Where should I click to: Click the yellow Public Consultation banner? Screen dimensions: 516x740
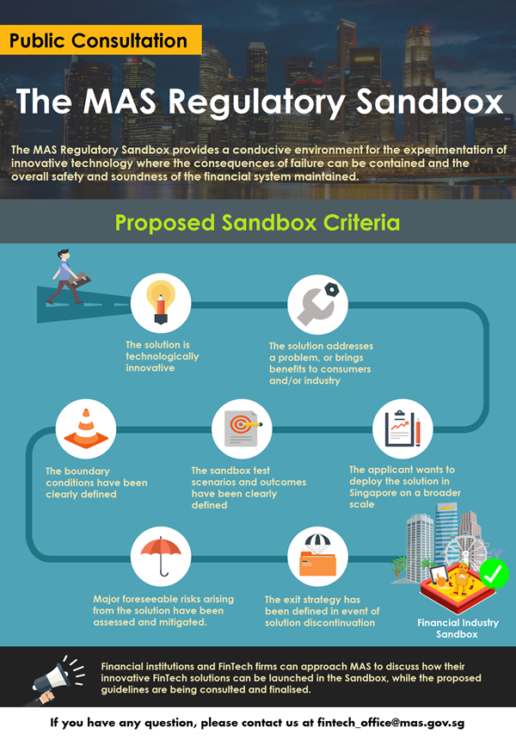pos(101,40)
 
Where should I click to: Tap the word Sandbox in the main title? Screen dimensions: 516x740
pos(429,101)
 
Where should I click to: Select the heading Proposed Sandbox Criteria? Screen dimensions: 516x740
pos(257,222)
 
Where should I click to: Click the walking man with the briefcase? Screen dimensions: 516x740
pos(69,277)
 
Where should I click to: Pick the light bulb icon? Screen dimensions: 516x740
pos(161,303)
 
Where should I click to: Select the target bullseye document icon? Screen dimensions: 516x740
pos(243,428)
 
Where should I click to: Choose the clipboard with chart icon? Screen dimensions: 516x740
pos(402,429)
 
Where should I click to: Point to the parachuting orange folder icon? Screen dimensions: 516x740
pos(317,555)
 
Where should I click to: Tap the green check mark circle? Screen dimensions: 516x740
pos(494,574)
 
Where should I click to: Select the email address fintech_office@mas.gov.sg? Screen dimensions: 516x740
pos(390,723)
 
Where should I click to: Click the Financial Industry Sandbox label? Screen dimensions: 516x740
pos(458,629)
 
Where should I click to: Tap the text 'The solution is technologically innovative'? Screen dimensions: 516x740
pos(162,356)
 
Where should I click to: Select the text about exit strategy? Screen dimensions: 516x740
pos(322,611)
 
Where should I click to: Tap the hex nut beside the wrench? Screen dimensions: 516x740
pos(332,289)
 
